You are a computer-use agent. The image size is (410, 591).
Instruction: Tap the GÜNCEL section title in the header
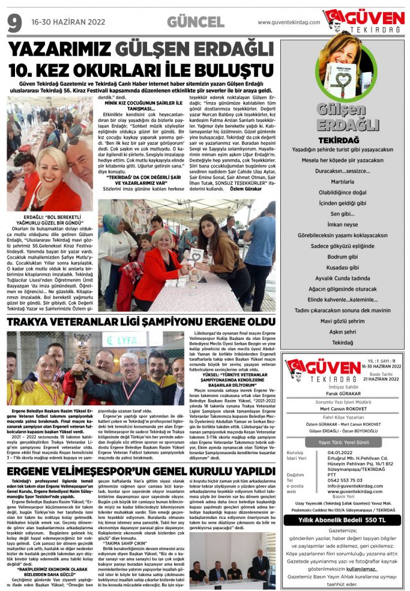point(195,23)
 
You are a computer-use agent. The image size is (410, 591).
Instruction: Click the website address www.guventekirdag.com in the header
point(288,23)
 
